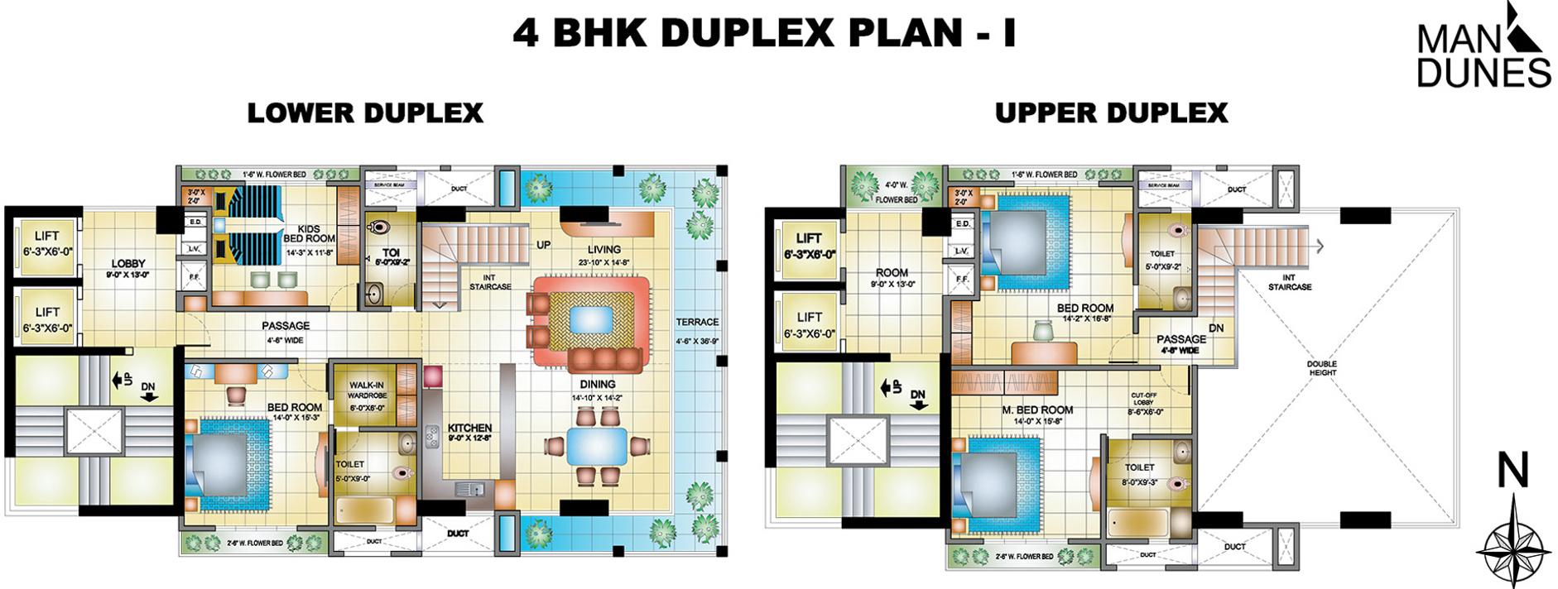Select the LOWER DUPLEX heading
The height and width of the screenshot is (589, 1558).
365,113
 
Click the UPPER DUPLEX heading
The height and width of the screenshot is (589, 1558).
1111,113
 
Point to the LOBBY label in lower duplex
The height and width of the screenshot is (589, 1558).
128,268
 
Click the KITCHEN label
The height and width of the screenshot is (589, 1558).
469,432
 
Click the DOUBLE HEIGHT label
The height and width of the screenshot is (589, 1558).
1322,368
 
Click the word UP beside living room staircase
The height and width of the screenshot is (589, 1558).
543,245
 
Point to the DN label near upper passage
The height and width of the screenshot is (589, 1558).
1215,328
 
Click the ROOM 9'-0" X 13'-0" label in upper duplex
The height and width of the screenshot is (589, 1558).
892,277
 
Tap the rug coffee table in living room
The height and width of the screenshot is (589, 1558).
591,319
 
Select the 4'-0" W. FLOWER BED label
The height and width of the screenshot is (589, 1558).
896,192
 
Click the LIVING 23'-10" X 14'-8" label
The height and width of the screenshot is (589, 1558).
603,254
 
